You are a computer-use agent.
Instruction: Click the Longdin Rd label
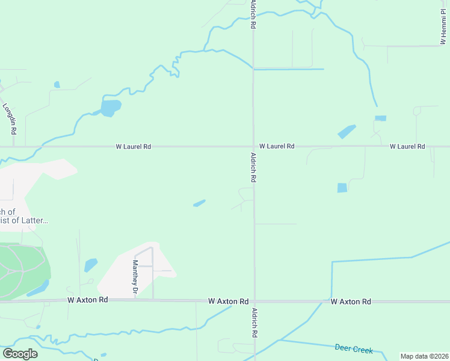point(10,119)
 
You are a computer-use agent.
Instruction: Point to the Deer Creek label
point(354,349)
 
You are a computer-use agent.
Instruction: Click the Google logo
point(20,353)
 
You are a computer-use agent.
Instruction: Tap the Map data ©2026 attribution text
point(424,356)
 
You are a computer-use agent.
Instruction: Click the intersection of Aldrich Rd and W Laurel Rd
point(253,146)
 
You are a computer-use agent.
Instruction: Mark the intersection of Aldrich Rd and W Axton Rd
point(254,300)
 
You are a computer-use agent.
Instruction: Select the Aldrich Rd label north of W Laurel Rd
point(253,15)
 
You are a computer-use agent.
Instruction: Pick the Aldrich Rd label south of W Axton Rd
point(255,323)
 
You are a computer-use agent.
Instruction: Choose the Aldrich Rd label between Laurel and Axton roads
point(253,167)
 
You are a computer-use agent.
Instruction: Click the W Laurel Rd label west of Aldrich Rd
point(134,146)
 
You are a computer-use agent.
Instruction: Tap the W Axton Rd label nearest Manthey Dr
point(88,300)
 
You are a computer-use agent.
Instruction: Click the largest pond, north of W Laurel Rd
point(110,108)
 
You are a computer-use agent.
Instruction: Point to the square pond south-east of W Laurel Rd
point(342,188)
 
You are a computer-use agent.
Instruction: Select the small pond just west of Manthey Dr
point(91,265)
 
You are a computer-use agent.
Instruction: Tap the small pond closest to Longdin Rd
point(57,85)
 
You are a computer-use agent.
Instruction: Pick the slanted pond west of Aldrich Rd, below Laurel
point(199,203)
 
